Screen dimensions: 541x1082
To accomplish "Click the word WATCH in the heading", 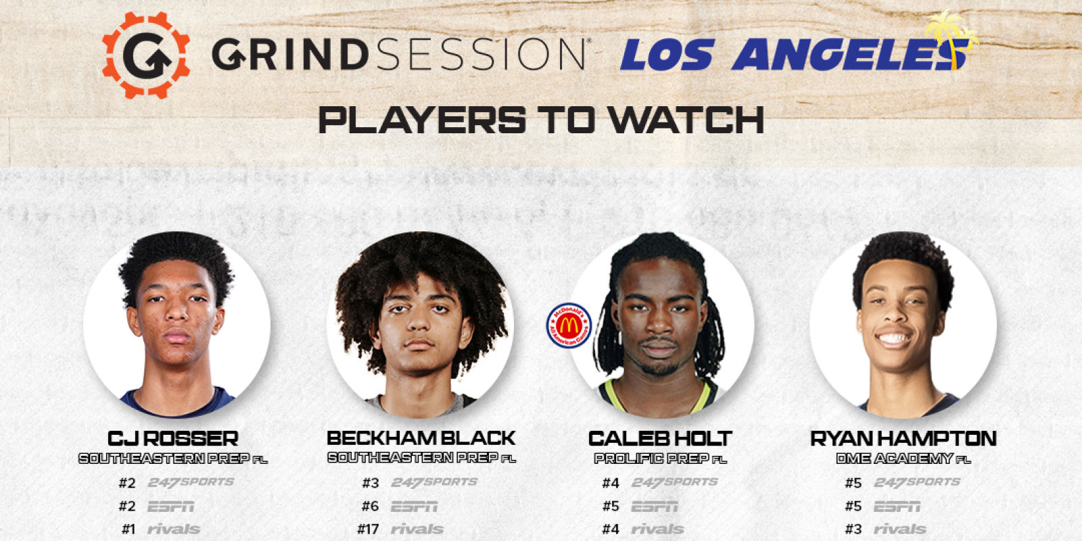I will (686, 121).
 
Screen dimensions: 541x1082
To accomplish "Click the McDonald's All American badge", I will (569, 325).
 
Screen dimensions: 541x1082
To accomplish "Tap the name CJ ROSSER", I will (173, 438).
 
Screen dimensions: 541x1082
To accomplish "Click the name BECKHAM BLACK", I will (421, 438).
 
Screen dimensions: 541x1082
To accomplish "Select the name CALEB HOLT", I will (660, 438).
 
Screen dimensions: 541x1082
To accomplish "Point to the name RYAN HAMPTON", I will (903, 438).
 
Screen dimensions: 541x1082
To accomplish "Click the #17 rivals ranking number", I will (369, 529).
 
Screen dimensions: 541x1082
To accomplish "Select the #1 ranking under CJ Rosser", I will (128, 529).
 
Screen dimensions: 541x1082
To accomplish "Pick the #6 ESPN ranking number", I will (371, 506).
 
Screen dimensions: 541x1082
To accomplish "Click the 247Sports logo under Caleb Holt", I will (674, 482).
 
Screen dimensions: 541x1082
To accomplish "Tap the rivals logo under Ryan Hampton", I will (900, 529).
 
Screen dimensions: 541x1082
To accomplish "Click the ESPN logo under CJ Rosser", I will (170, 506).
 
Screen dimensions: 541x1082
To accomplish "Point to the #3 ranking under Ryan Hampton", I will (853, 529).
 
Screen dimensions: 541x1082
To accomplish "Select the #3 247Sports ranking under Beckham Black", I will (371, 483).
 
